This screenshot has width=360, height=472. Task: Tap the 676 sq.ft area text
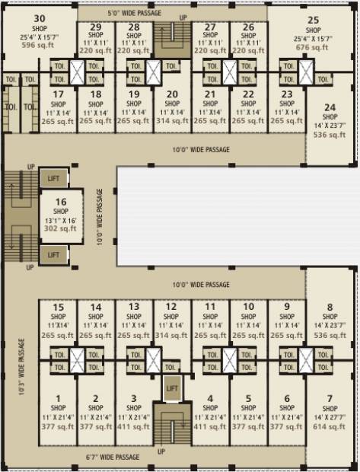tap(313, 47)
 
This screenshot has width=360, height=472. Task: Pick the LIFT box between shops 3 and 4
tap(172, 388)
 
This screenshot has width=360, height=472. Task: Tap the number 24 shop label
tap(330, 107)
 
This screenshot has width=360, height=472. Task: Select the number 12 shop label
tap(172, 308)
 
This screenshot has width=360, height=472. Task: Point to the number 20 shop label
tap(172, 94)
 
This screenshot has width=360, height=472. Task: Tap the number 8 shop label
tap(330, 308)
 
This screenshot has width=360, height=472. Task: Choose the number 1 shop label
tap(58, 398)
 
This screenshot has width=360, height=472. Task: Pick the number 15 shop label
tap(58, 308)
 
